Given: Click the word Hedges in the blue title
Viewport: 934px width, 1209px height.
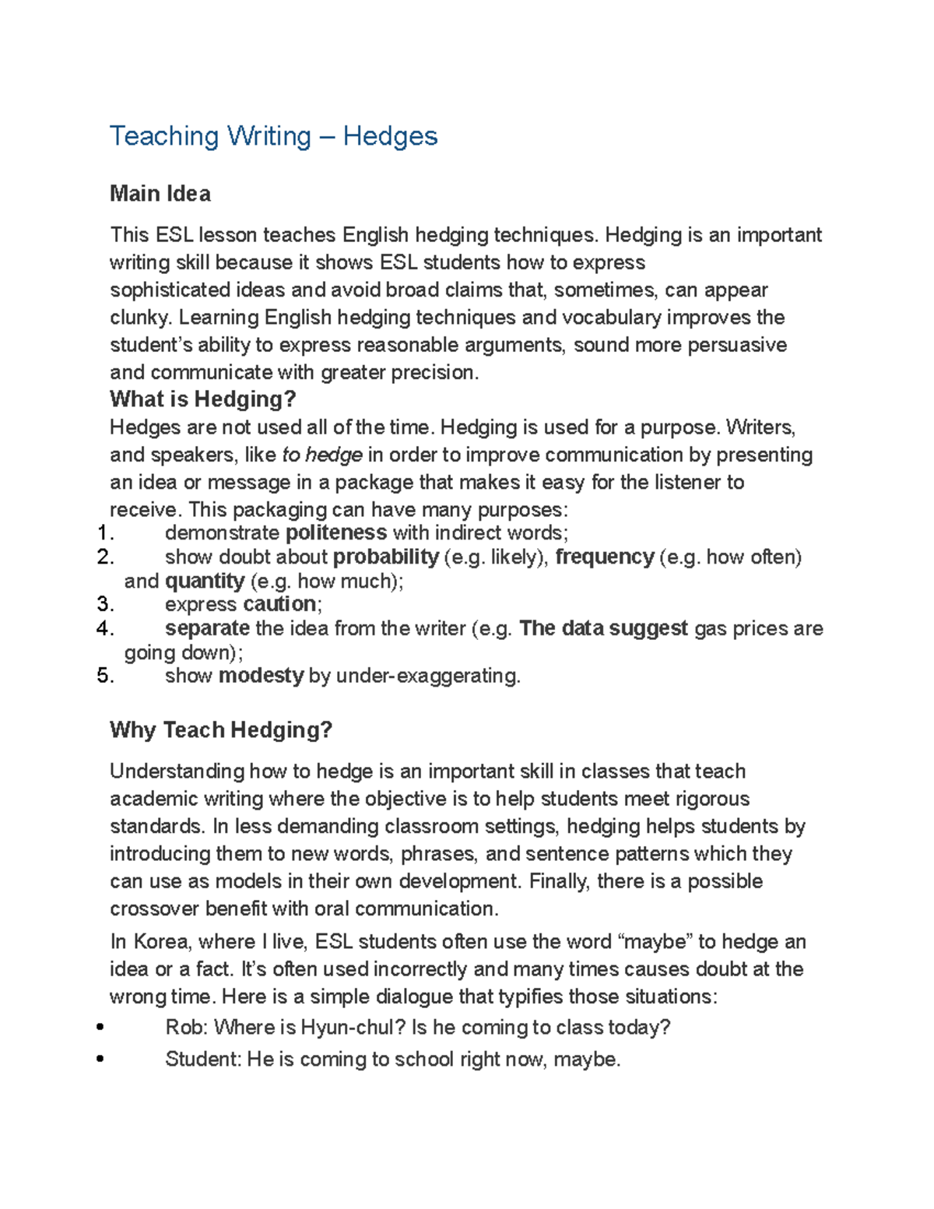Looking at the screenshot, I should point(390,136).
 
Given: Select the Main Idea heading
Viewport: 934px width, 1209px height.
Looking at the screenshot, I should point(160,194).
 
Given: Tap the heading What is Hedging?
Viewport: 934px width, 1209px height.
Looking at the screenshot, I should point(202,399).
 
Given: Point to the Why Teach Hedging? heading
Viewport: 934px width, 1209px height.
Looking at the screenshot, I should point(221,730).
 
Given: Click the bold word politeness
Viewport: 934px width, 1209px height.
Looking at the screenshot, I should point(336,532).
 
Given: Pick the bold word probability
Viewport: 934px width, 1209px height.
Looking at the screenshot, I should point(385,557).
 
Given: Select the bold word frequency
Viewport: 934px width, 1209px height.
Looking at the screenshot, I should point(604,557).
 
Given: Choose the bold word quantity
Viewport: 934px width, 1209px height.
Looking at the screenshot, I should point(205,581).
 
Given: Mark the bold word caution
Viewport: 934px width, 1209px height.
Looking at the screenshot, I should point(279,604).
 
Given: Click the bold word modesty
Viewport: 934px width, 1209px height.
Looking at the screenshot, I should point(261,675).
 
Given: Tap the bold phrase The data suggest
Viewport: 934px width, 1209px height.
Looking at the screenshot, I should point(603,628).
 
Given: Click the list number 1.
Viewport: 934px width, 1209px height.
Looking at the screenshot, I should point(105,533).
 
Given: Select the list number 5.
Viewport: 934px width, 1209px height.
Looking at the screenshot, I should point(105,676).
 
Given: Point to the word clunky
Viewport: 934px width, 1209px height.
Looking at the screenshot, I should point(139,318).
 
